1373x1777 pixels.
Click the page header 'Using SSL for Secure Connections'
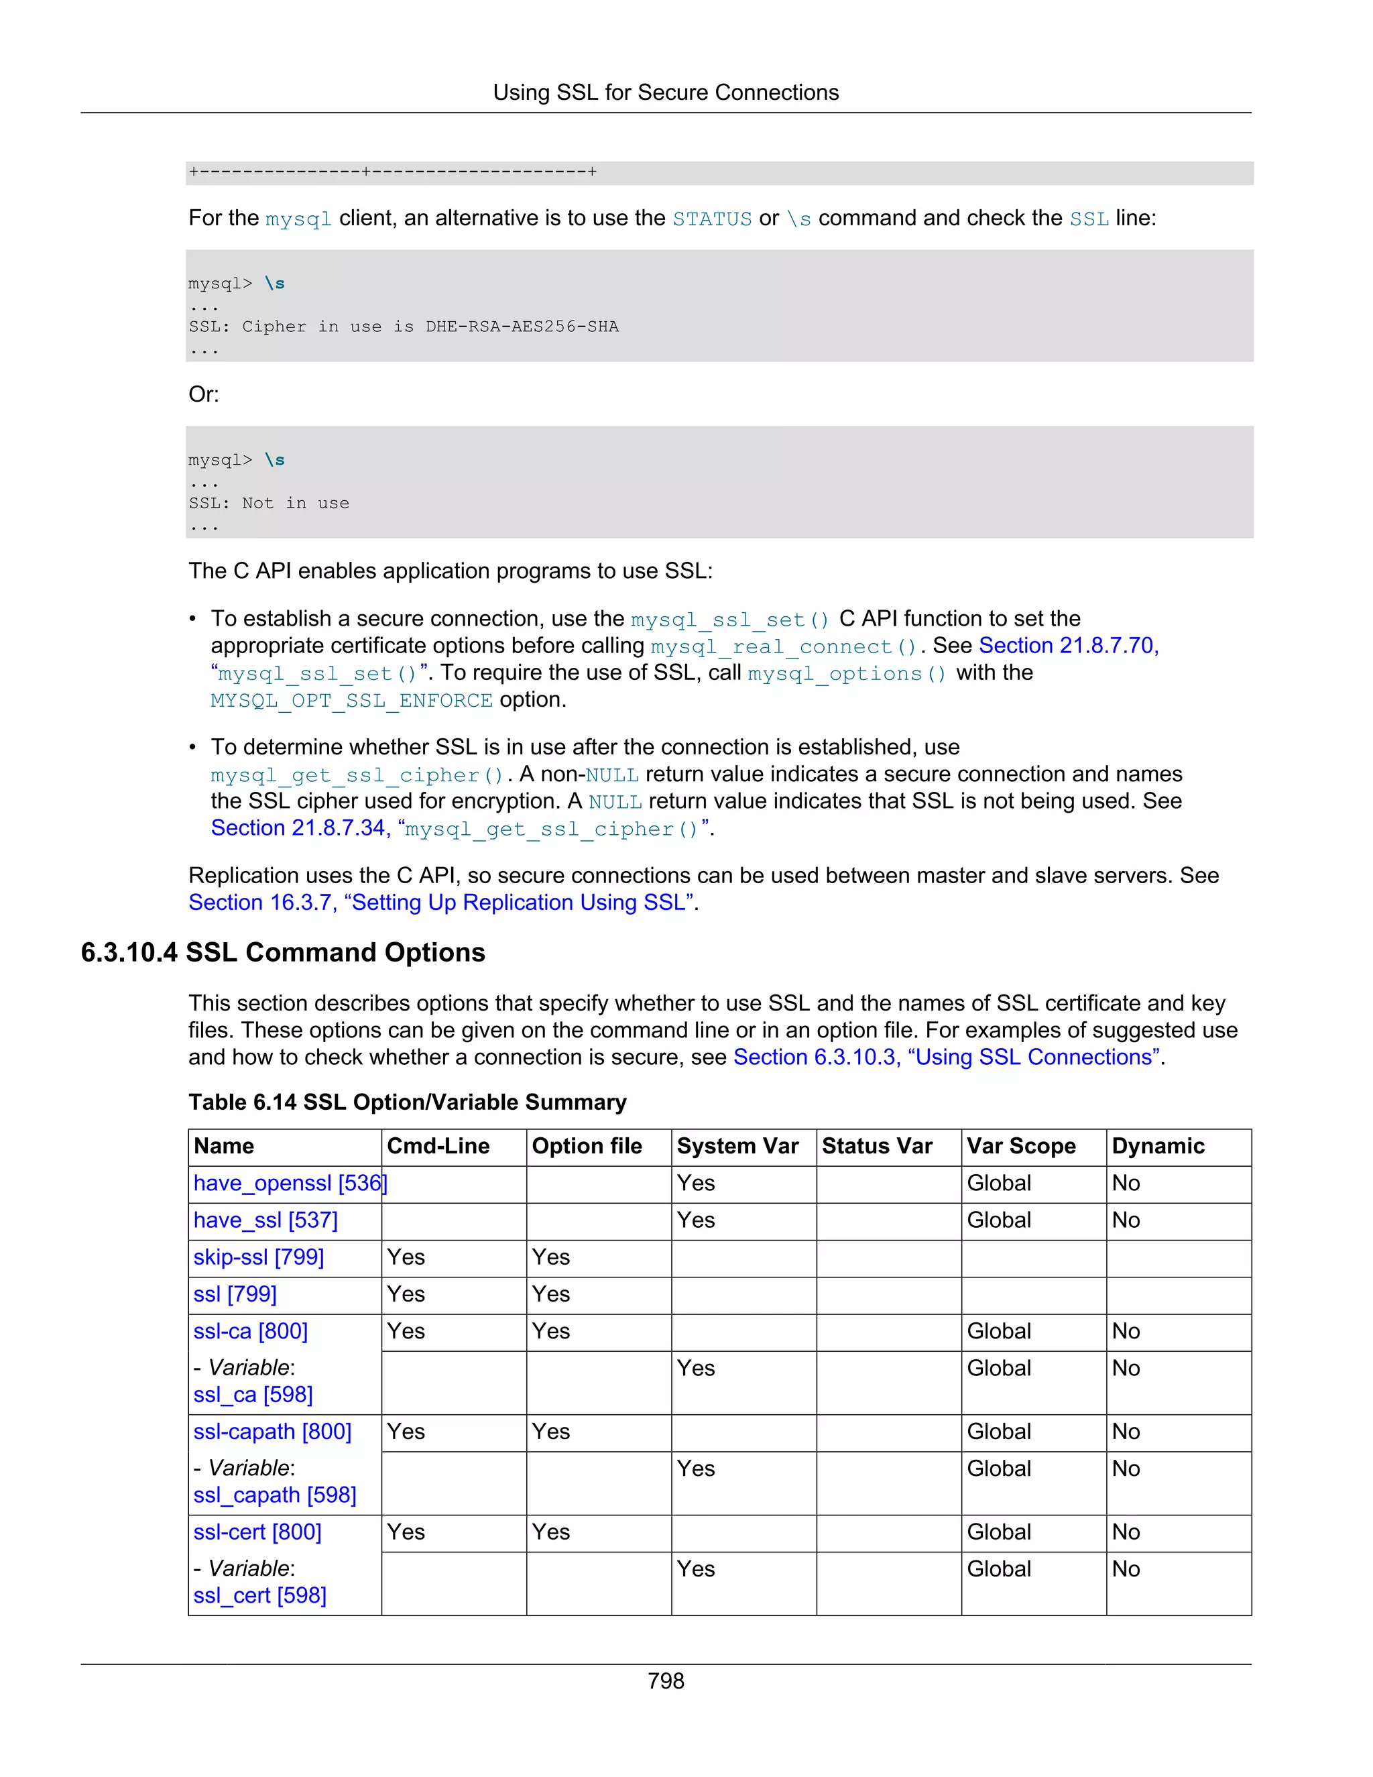tap(665, 93)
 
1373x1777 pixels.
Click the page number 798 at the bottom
tap(665, 1681)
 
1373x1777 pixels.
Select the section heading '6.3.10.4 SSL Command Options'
tap(282, 952)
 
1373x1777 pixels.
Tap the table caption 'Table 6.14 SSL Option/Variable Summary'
tap(408, 1102)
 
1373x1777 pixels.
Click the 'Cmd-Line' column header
tap(438, 1145)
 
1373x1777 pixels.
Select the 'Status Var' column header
tap(877, 1145)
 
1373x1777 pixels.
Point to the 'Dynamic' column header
tap(1158, 1145)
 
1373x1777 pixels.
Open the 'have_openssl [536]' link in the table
tap(290, 1183)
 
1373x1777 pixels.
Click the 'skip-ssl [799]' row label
tap(259, 1257)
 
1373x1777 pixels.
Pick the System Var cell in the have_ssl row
tap(697, 1220)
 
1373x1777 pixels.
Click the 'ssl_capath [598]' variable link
tap(275, 1495)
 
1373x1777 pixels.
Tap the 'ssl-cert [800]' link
tap(257, 1532)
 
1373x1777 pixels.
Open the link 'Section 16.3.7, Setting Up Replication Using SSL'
tap(442, 903)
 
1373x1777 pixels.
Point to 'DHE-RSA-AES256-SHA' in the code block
tap(522, 327)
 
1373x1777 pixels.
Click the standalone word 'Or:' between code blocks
tap(203, 394)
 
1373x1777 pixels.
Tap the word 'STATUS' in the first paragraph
tap(712, 219)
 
